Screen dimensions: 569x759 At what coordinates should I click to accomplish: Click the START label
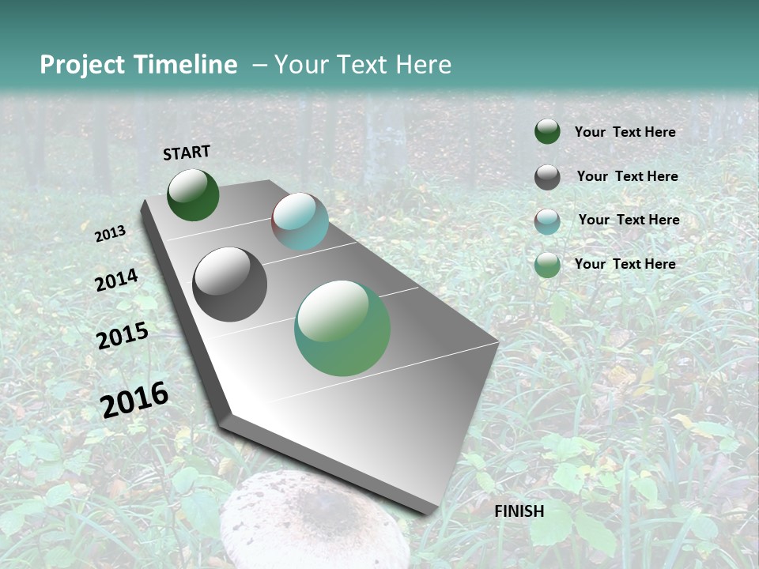click(x=187, y=153)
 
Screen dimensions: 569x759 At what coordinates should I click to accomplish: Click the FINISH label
click(x=519, y=511)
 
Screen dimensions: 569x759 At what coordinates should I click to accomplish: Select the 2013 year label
click(x=110, y=233)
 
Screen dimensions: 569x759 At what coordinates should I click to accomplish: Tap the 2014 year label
click(x=116, y=280)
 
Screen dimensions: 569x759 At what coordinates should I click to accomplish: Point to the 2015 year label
click(x=122, y=336)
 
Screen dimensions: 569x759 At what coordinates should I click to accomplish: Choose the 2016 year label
click(x=134, y=399)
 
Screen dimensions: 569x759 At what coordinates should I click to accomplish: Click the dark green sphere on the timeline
click(x=193, y=194)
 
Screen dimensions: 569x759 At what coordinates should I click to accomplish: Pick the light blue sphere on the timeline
click(x=300, y=221)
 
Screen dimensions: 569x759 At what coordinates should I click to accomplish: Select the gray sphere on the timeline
click(x=229, y=284)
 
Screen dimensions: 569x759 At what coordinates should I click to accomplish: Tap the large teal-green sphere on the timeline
click(x=342, y=328)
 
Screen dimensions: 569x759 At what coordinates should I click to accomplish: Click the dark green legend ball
click(x=547, y=132)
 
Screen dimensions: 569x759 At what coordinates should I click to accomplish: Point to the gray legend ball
click(x=547, y=177)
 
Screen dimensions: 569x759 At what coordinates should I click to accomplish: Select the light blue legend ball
click(x=547, y=221)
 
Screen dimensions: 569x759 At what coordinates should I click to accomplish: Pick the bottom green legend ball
click(x=547, y=265)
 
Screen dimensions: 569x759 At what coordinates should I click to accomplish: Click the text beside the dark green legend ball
click(x=625, y=133)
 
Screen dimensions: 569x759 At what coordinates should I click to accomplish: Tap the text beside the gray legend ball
click(x=627, y=176)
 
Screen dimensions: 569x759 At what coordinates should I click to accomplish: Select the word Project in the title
click(x=82, y=65)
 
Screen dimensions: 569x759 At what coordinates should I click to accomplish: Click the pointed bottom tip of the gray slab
click(x=427, y=512)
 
